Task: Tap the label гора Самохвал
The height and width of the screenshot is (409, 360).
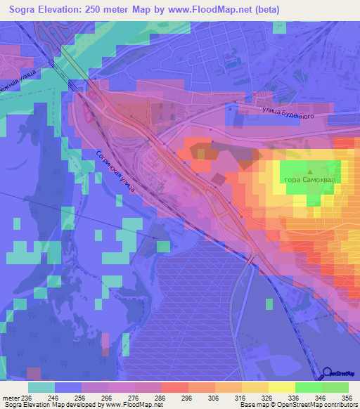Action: [x=311, y=179]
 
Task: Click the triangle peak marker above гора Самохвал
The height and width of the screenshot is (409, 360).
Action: [x=311, y=169]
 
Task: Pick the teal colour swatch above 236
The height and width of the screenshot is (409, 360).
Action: [x=41, y=387]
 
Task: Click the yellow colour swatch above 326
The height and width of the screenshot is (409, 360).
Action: [x=255, y=387]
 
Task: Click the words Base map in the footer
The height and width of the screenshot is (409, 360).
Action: [x=252, y=404]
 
